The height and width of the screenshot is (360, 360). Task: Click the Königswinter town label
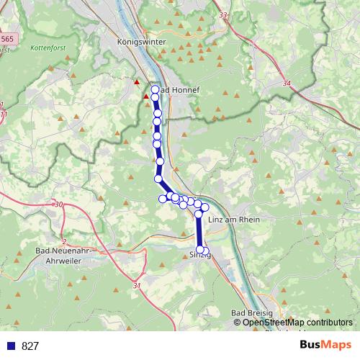(141, 42)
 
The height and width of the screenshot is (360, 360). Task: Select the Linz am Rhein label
(233, 219)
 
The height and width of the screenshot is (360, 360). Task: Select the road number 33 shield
(222, 15)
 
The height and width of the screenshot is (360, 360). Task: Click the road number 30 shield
(58, 205)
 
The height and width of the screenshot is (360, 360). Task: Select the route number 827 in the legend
(30, 346)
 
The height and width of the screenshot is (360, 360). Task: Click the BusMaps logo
(326, 345)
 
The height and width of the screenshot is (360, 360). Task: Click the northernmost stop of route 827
(154, 89)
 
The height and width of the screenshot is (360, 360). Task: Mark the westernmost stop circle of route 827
(163, 199)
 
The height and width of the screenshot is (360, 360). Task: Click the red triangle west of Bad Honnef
(137, 82)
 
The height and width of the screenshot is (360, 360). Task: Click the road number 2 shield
(64, 241)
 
